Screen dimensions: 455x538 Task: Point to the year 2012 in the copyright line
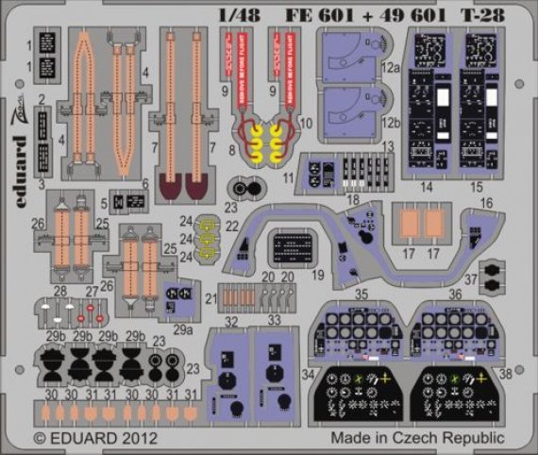[x=131, y=438]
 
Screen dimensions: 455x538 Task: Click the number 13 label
[x=388, y=144]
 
